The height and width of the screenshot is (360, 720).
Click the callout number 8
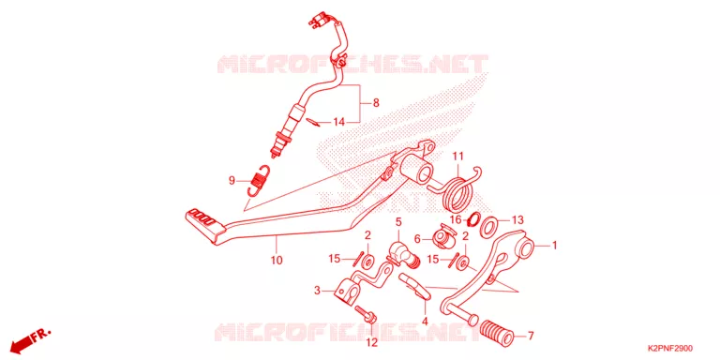[x=376, y=103]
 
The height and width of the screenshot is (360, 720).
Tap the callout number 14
[x=338, y=122]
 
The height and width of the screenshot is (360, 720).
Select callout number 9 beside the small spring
[x=232, y=180]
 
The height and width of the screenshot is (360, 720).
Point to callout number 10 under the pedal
[x=277, y=261]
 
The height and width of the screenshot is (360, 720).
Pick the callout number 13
[x=517, y=220]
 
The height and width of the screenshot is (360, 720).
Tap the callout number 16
[x=455, y=220]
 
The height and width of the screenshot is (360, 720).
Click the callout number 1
[x=554, y=246]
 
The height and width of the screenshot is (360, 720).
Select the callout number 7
[x=531, y=337]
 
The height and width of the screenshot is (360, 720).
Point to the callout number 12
[x=371, y=342]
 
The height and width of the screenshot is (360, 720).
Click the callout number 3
[x=317, y=291]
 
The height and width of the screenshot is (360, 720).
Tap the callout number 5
[x=398, y=222]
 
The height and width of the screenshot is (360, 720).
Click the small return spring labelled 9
[x=258, y=180]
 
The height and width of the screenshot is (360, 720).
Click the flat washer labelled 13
[x=490, y=226]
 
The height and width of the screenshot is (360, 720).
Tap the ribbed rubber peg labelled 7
[x=496, y=334]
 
